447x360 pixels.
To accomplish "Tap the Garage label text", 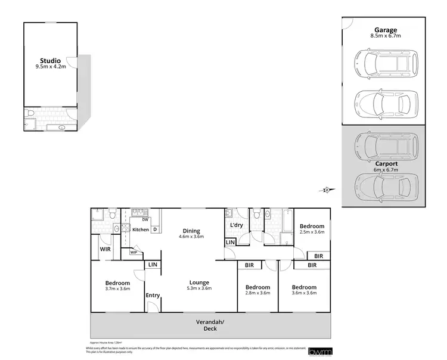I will pyautogui.click(x=386, y=29).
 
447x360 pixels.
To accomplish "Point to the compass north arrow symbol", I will pyautogui.click(x=326, y=190).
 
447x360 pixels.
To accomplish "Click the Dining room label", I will pyautogui.click(x=191, y=231).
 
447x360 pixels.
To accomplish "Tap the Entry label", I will pyautogui.click(x=153, y=295).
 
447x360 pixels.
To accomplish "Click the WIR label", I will pyautogui.click(x=105, y=249).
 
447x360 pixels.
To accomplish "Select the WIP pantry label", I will pyautogui.click(x=134, y=252).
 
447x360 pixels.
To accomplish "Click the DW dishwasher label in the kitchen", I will pyautogui.click(x=145, y=220).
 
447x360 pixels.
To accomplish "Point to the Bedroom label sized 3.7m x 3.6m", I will pyautogui.click(x=117, y=283).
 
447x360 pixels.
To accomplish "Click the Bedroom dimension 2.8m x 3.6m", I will pyautogui.click(x=258, y=293).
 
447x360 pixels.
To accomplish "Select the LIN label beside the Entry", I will pyautogui.click(x=153, y=264).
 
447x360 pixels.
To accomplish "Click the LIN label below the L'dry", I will pyautogui.click(x=230, y=242).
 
